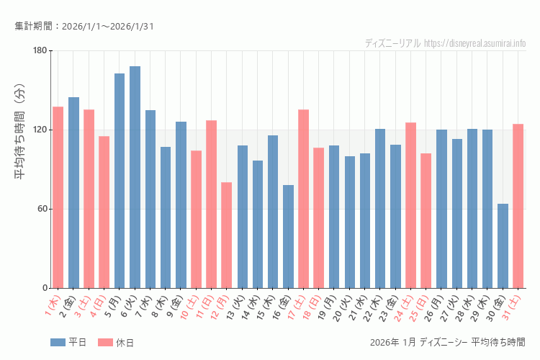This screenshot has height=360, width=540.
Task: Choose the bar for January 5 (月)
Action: pyautogui.click(x=120, y=181)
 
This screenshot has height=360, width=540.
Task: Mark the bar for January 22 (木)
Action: pyautogui.click(x=380, y=208)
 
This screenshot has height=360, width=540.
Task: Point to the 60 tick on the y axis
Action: pyautogui.click(x=41, y=209)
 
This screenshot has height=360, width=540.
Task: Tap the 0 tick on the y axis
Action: pyautogui.click(x=44, y=288)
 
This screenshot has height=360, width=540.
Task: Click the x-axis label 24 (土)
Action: pyautogui.click(x=404, y=307)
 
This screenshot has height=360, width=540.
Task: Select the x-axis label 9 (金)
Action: pyautogui.click(x=174, y=305)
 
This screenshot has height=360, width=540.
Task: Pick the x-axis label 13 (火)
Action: pyautogui.click(x=235, y=307)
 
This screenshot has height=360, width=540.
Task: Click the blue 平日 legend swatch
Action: pyautogui.click(x=58, y=343)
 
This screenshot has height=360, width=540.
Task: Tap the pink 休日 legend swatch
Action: pyautogui.click(x=105, y=343)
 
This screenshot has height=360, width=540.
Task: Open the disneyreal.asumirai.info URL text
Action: pyautogui.click(x=474, y=43)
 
